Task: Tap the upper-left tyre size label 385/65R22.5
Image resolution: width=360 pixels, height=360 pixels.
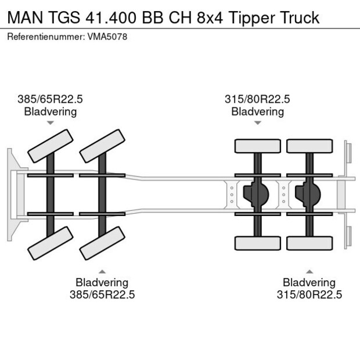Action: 50,99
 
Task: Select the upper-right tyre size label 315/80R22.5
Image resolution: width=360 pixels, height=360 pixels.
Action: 257,99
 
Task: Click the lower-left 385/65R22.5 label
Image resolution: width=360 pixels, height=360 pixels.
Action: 102,294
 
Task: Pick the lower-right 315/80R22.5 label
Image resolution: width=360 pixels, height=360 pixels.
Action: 309,294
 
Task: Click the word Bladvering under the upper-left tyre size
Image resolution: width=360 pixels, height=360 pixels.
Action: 50,111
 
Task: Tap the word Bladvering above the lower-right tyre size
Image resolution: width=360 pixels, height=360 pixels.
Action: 309,283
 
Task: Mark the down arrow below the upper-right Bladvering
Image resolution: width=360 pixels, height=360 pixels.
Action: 258,123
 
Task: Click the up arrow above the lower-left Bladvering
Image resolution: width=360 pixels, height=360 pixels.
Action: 102,271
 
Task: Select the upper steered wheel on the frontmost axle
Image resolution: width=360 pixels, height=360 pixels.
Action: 51,146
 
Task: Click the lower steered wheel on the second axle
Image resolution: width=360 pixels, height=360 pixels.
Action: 103,243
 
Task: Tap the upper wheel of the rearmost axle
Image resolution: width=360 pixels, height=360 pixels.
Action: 309,146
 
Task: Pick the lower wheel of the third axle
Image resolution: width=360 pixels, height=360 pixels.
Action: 257,243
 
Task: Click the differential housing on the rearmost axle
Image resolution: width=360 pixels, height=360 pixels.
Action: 308,195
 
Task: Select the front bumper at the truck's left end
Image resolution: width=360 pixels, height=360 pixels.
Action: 12,194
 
